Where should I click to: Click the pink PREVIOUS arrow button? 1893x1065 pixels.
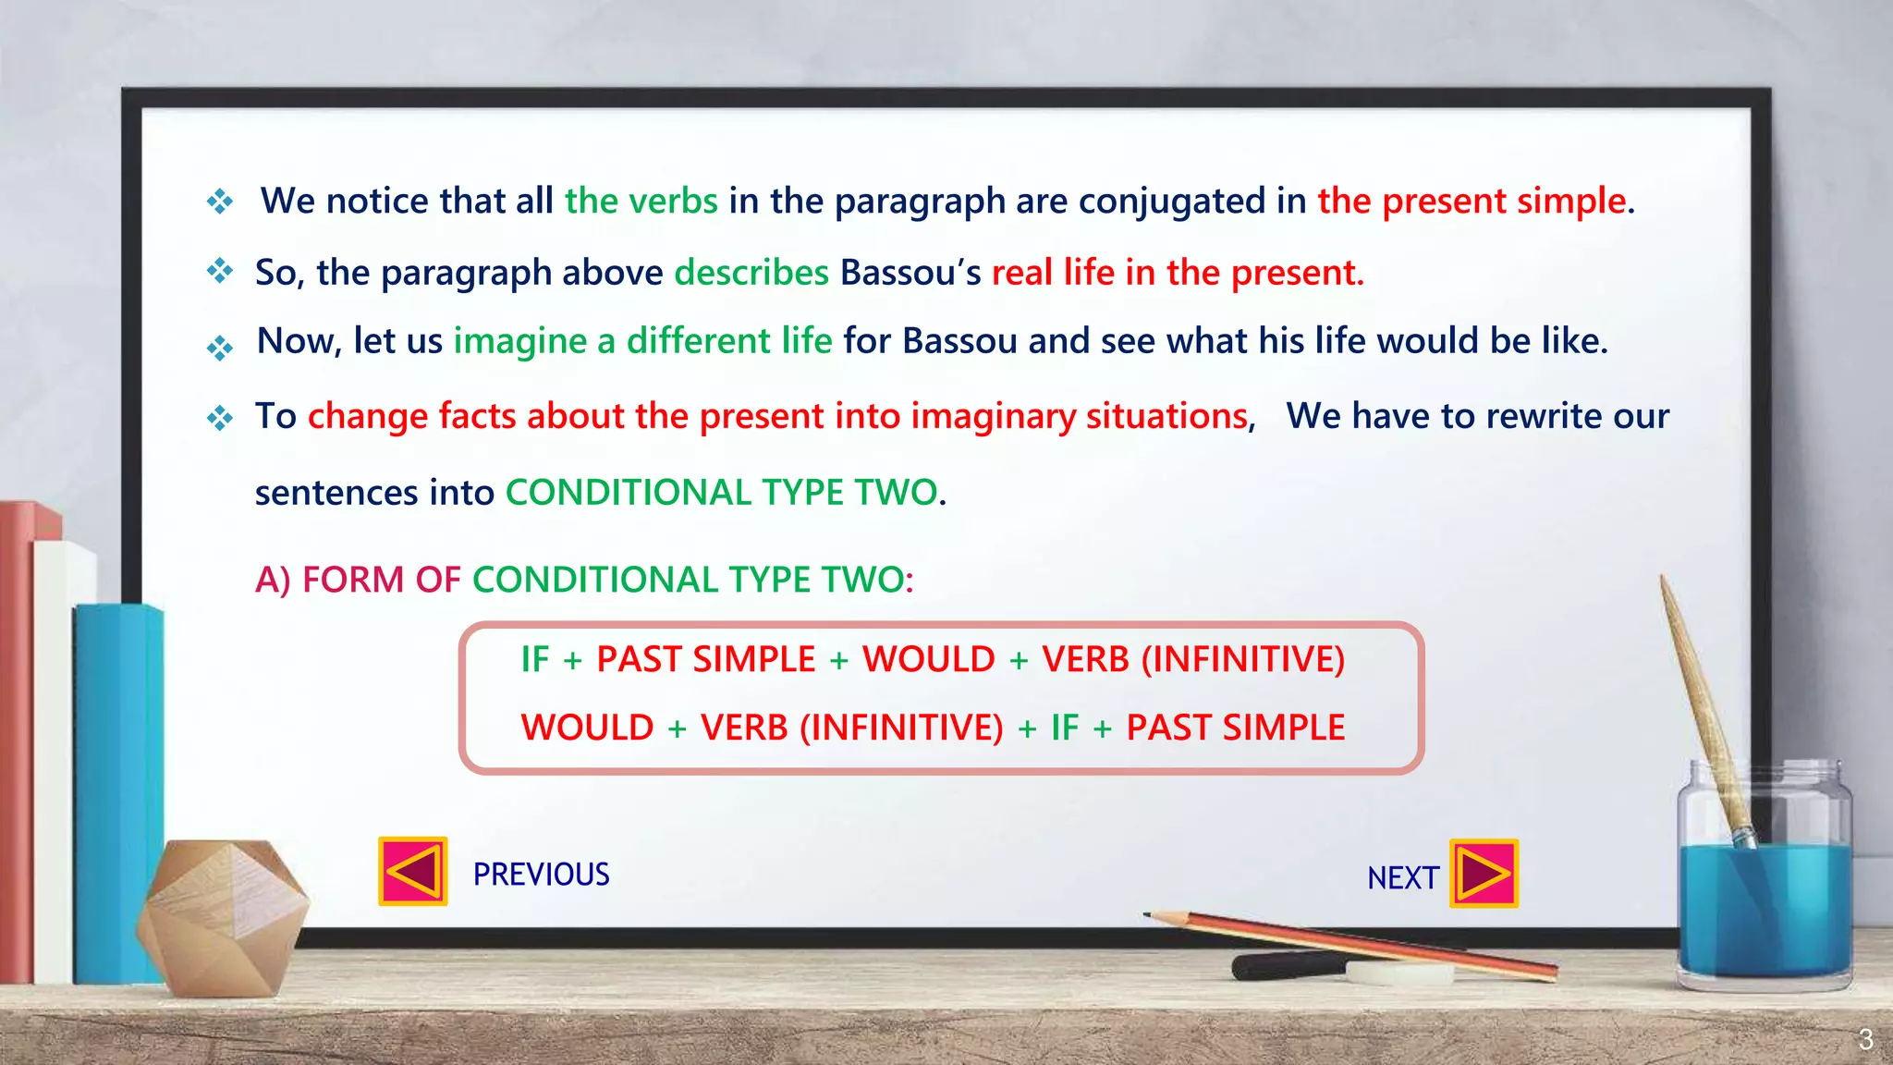tap(413, 871)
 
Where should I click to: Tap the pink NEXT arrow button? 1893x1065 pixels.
tap(1484, 874)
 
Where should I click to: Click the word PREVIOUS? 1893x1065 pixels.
tap(541, 875)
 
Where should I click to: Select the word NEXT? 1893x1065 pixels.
tap(1402, 878)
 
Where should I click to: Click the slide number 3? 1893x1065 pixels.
tap(1865, 1039)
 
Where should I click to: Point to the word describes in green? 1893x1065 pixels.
tap(751, 273)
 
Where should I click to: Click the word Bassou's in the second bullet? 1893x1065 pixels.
tap(910, 273)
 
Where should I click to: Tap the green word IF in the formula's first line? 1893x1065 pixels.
tap(534, 660)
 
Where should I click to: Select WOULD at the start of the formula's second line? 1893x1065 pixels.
tap(587, 728)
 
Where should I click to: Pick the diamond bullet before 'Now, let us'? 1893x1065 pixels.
tap(220, 348)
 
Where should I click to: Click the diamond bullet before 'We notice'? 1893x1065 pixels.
tap(220, 201)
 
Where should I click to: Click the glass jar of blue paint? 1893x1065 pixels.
tap(1764, 887)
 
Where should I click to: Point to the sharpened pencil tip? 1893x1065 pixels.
tap(1149, 915)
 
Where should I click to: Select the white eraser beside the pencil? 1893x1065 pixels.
tap(1398, 973)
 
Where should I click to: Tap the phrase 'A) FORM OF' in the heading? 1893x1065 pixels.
tap(357, 581)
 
